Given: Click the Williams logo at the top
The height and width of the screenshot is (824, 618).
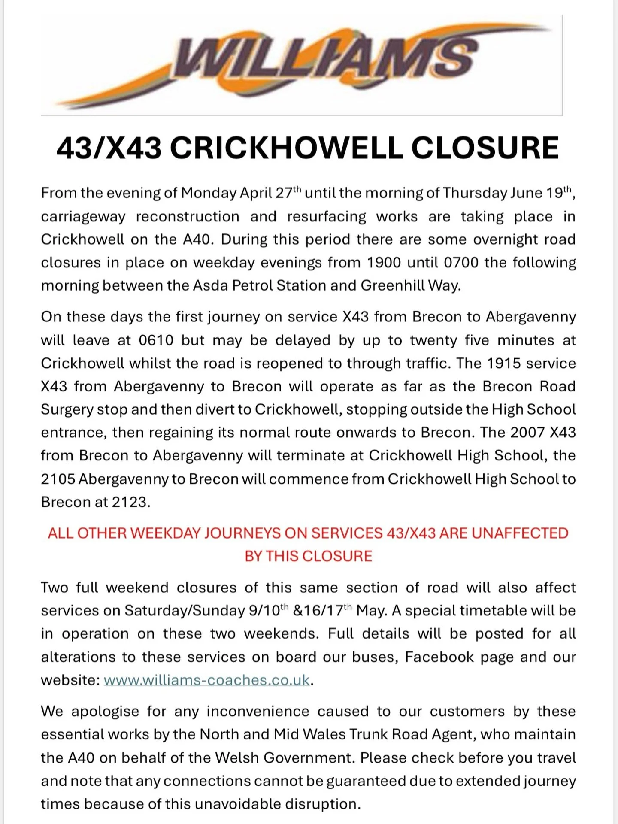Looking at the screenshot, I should pyautogui.click(x=301, y=64).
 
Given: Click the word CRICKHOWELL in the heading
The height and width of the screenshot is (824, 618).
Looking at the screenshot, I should pyautogui.click(x=286, y=148).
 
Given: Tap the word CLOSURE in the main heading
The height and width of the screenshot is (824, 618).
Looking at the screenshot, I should pyautogui.click(x=485, y=148).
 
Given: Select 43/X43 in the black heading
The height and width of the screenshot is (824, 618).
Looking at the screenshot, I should pyautogui.click(x=109, y=148).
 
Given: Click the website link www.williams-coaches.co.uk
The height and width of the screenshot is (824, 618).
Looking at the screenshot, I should pyautogui.click(x=206, y=680).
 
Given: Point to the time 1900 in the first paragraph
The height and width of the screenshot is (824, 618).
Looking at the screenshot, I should pyautogui.click(x=385, y=262).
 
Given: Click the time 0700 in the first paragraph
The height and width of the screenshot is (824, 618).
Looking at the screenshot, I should pyautogui.click(x=461, y=262).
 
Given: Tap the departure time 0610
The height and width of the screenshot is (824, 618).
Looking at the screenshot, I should pyautogui.click(x=156, y=340).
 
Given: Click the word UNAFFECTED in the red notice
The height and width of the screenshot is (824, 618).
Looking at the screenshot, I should pyautogui.click(x=520, y=533).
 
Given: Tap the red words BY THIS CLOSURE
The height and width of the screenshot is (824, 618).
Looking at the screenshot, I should pyautogui.click(x=308, y=557).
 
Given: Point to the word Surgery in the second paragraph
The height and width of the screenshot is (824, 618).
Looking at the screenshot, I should pyautogui.click(x=67, y=410).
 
